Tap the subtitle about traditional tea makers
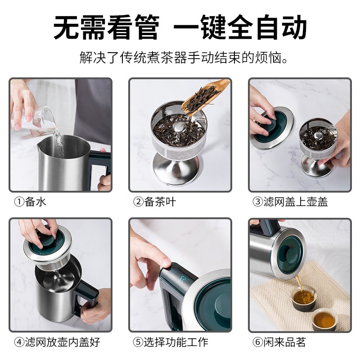pyautogui.click(x=180, y=58)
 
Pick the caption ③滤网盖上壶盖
pyautogui.click(x=290, y=202)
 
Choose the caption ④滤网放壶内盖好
pyautogui.click(x=57, y=342)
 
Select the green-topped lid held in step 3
pyautogui.click(x=272, y=126)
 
